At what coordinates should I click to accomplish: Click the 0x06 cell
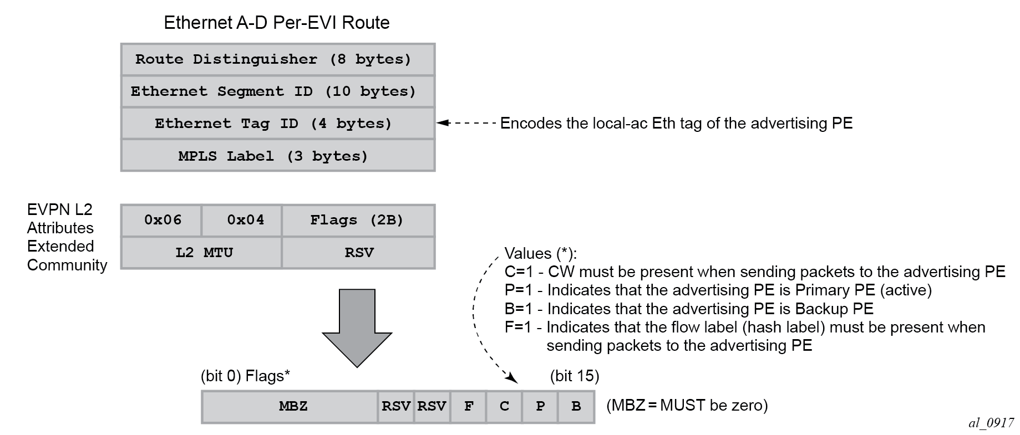162,220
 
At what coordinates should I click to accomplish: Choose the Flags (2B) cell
358,220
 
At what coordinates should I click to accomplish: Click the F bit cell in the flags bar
469,407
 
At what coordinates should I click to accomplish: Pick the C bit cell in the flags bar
504,407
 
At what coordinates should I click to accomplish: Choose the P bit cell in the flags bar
540,407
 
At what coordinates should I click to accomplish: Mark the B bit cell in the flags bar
576,407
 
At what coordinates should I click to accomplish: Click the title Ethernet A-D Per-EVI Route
277,23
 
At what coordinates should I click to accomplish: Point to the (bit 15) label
575,376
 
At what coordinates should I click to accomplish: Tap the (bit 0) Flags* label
245,376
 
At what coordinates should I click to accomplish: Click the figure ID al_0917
991,423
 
